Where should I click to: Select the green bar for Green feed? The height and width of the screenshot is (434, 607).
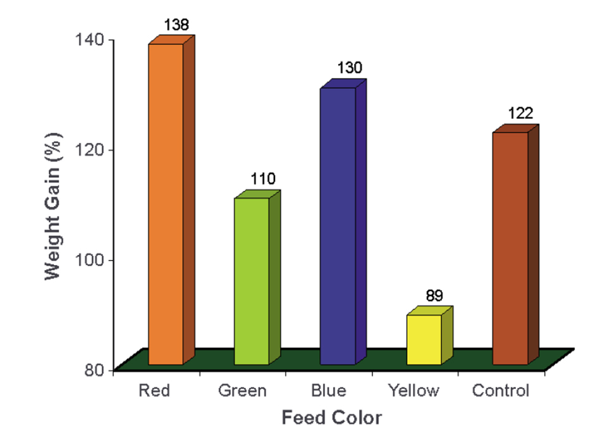(x=252, y=281)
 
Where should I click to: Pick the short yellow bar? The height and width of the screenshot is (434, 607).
(x=424, y=339)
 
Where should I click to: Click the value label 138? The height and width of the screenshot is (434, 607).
(x=176, y=25)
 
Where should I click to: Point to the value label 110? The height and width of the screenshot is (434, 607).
(x=263, y=179)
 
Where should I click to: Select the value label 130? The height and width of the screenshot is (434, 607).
(x=349, y=68)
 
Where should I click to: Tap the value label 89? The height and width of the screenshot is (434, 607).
(x=434, y=295)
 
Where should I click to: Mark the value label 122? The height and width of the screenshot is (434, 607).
(x=521, y=113)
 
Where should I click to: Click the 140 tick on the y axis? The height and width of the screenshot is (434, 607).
(x=93, y=40)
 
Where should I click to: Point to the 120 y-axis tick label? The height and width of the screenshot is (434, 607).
(x=93, y=150)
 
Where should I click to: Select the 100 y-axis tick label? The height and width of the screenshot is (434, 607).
(x=93, y=260)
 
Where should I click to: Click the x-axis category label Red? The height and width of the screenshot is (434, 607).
(x=154, y=390)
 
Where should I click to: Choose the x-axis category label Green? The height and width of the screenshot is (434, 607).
(x=242, y=390)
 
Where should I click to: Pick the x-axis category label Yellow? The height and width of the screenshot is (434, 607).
(x=414, y=390)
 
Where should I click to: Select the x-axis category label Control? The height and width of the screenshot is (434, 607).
(x=500, y=390)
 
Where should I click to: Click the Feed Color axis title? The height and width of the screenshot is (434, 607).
(x=331, y=418)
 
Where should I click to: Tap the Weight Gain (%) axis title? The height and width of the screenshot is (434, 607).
(x=52, y=206)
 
